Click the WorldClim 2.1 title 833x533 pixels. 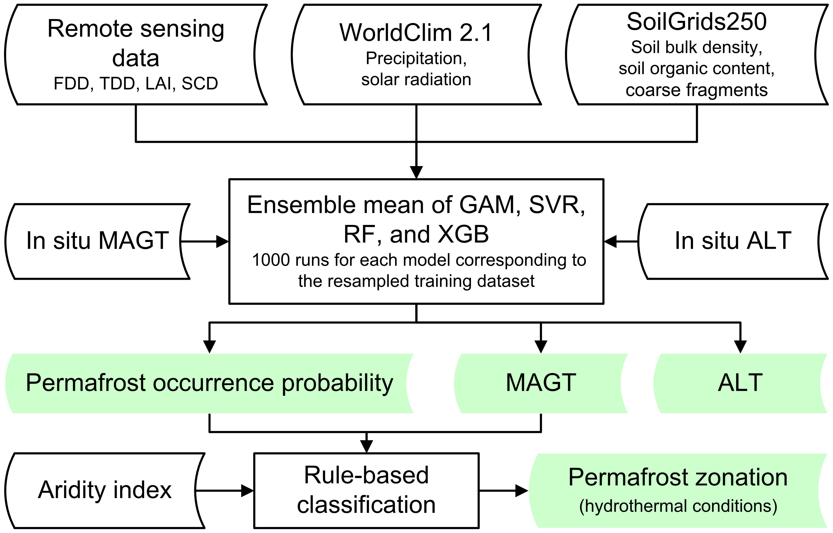[416, 33]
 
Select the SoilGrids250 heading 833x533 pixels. [697, 22]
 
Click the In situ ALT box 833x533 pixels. [733, 241]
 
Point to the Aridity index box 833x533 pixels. [104, 490]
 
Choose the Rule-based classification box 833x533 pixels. [366, 490]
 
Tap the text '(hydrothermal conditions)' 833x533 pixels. [678, 506]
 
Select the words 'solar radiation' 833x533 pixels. [416, 80]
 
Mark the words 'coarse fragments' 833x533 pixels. [697, 90]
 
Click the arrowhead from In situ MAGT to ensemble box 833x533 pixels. [222, 241]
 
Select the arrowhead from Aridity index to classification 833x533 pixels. [247, 490]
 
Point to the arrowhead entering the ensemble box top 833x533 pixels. [416, 172]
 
